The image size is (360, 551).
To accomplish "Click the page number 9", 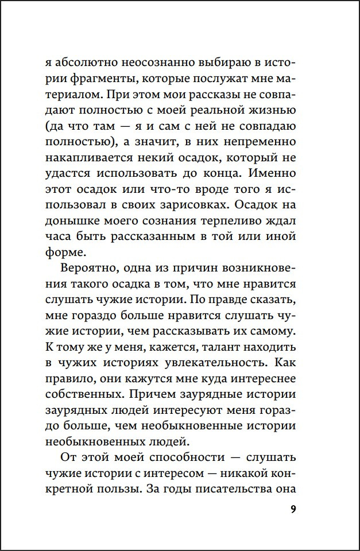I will (293, 510).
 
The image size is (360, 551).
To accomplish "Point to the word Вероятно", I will (86, 270).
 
